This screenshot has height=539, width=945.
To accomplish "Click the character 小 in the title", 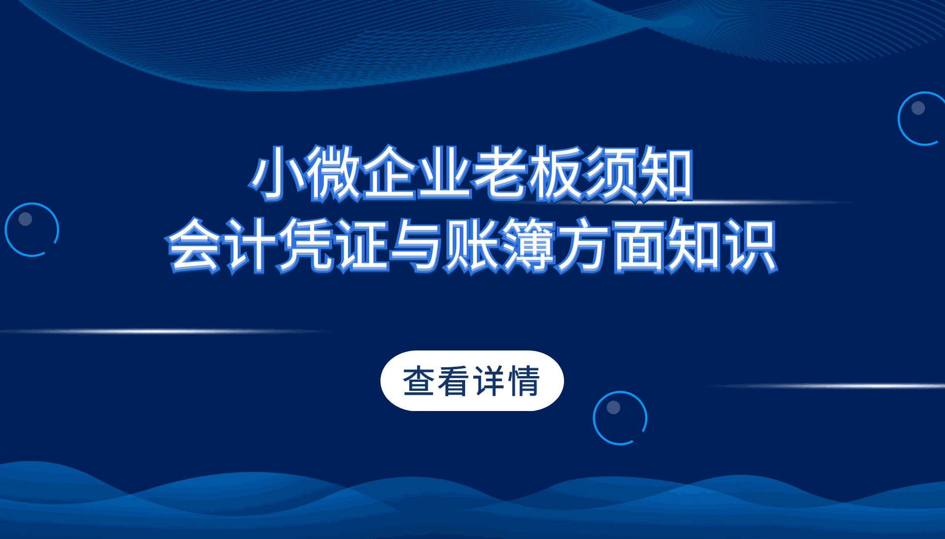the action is coord(277,173).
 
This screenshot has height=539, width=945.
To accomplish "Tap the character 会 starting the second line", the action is coord(194,245).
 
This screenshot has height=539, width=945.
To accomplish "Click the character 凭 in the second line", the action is coord(306,245).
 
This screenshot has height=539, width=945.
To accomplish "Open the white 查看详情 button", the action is coord(472,380).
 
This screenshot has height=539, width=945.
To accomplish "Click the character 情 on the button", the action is coord(524,381).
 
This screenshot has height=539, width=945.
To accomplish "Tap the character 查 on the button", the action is coord(419,381).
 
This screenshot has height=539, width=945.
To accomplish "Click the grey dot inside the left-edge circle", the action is coord(25,219).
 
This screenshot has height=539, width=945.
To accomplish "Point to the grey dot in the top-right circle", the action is coord(918,108).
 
